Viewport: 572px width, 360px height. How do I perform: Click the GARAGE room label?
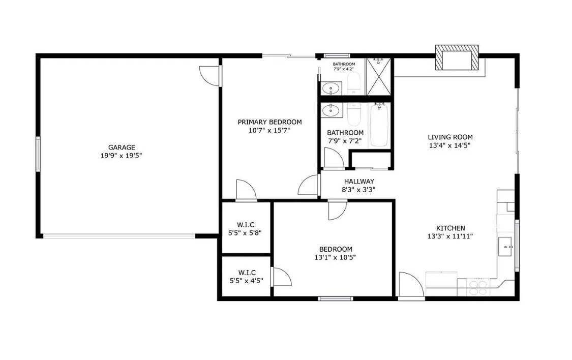pos(121,147)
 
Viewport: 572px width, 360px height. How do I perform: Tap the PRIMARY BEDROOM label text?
pos(269,122)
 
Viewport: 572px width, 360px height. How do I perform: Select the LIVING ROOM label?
pos(450,137)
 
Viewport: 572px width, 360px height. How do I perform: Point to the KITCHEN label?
pos(450,228)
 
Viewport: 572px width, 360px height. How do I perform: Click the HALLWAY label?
pos(358,182)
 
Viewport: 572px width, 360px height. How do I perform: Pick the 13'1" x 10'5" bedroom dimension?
pos(335,257)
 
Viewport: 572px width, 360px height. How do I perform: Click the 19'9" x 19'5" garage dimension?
pos(121,156)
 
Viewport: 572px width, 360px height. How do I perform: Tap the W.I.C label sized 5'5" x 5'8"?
pos(246,225)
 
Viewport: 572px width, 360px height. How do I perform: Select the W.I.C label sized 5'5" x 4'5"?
pos(246,272)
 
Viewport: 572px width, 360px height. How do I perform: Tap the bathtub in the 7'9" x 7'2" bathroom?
pos(379,125)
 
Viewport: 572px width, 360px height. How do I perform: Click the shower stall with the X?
pos(379,77)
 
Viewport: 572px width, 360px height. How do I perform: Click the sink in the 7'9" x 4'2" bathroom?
pos(331,88)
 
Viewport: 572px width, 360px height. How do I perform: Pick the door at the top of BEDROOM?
pos(337,210)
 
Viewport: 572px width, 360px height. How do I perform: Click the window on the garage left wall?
pos(38,153)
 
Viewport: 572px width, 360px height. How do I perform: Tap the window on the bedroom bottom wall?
pos(335,298)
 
